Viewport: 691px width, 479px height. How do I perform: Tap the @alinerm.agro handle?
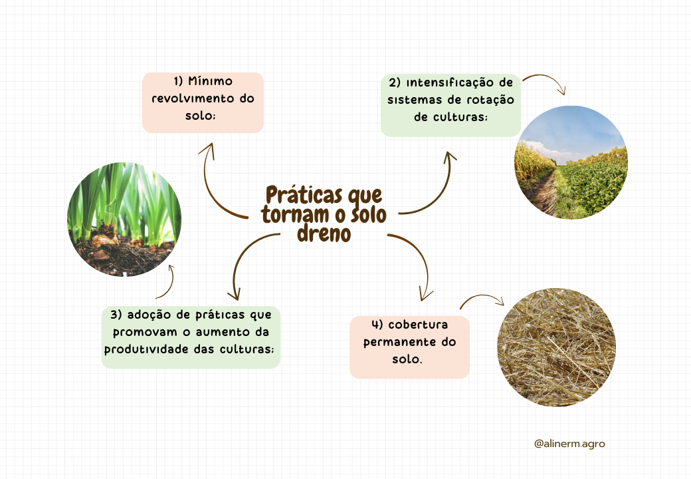coord(569,443)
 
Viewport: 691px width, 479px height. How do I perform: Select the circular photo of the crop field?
coord(571,162)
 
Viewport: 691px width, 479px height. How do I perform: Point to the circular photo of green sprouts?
coord(124,220)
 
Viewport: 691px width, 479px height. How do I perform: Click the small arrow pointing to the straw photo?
coord(483,300)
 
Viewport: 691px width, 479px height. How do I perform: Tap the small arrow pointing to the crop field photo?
coord(545,82)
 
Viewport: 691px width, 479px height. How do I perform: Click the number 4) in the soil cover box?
coord(377,325)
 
